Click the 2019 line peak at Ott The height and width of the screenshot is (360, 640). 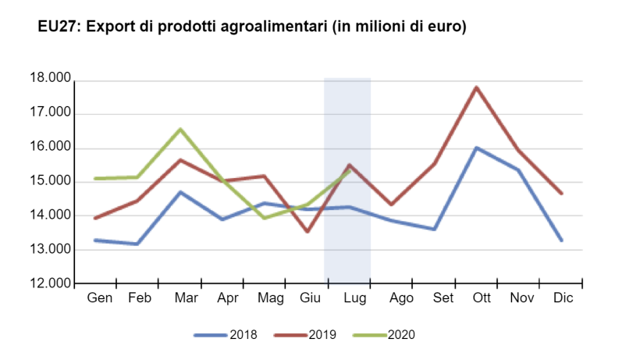tap(475, 87)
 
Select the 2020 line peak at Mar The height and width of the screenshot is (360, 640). tap(180, 130)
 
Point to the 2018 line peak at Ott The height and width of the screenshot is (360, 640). tap(475, 148)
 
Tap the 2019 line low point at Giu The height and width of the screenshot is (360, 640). tap(307, 231)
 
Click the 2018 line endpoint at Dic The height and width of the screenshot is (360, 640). tap(561, 240)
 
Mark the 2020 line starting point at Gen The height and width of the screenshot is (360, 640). tap(95, 179)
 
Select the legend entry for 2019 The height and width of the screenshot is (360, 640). tap(305, 335)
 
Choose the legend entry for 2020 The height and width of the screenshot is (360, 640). tap(384, 335)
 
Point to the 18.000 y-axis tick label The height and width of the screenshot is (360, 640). tap(50, 80)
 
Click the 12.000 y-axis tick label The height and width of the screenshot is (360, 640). tap(50, 283)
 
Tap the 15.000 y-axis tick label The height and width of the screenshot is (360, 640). tap(50, 182)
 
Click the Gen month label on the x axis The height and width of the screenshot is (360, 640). tap(99, 298)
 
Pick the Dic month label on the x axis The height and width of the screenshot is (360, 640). tap(562, 298)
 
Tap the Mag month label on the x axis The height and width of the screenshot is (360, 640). tap(269, 298)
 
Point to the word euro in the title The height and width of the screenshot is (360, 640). tap(443, 27)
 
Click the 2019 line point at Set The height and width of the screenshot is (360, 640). tap(433, 163)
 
